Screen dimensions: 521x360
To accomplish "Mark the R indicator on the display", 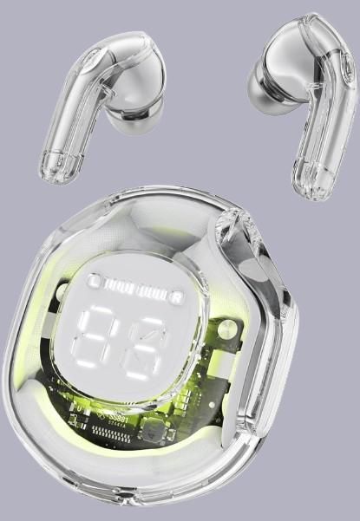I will pyautogui.click(x=175, y=297).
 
